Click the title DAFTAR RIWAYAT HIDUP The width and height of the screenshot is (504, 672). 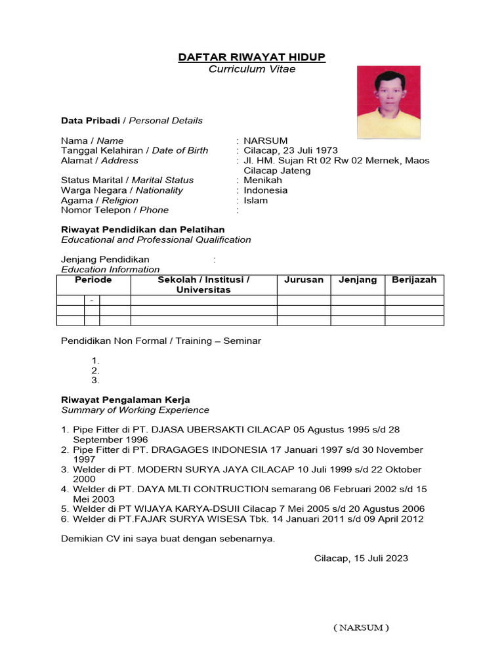(252, 58)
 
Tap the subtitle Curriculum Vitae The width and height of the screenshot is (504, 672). (252, 69)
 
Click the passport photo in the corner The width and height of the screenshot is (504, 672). (388, 102)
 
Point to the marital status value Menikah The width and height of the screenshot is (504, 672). (262, 180)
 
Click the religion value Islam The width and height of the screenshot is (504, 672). (255, 200)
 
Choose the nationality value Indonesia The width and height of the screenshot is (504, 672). (265, 190)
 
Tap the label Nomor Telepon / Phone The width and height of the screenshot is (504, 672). (115, 210)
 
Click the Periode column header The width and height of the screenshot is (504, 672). (93, 280)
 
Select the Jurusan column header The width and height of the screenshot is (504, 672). (303, 280)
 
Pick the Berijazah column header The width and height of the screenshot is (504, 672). (413, 280)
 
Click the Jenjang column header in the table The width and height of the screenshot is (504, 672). (358, 280)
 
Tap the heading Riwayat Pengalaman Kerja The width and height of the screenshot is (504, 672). (125, 400)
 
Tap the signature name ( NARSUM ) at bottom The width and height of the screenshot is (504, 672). (361, 627)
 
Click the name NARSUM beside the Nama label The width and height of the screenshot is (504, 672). (262, 140)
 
